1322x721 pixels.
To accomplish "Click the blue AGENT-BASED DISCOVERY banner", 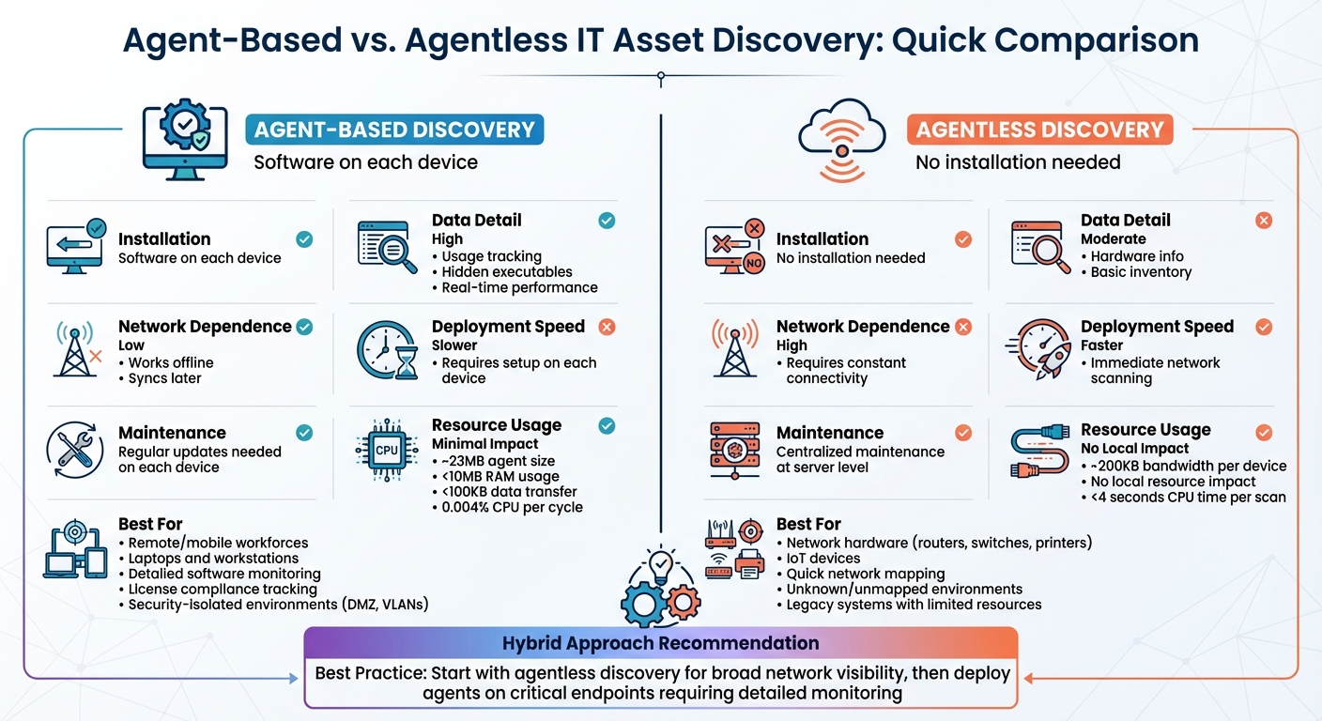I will [x=394, y=130].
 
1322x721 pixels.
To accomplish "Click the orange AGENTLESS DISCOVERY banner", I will [x=1039, y=130].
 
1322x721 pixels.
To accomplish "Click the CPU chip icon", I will [x=387, y=450].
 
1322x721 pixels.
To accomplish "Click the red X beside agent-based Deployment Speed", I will [x=607, y=327].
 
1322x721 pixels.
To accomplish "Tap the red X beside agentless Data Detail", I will [x=1264, y=221].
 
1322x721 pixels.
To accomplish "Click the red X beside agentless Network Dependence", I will [x=963, y=327].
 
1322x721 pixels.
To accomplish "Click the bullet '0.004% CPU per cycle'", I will [x=513, y=507].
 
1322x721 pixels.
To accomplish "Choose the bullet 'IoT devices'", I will [x=823, y=558].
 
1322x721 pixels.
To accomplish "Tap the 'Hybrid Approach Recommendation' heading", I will [x=660, y=644].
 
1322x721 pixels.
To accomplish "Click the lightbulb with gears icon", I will [x=660, y=588].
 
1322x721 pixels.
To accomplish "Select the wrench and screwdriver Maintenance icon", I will [x=75, y=450].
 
